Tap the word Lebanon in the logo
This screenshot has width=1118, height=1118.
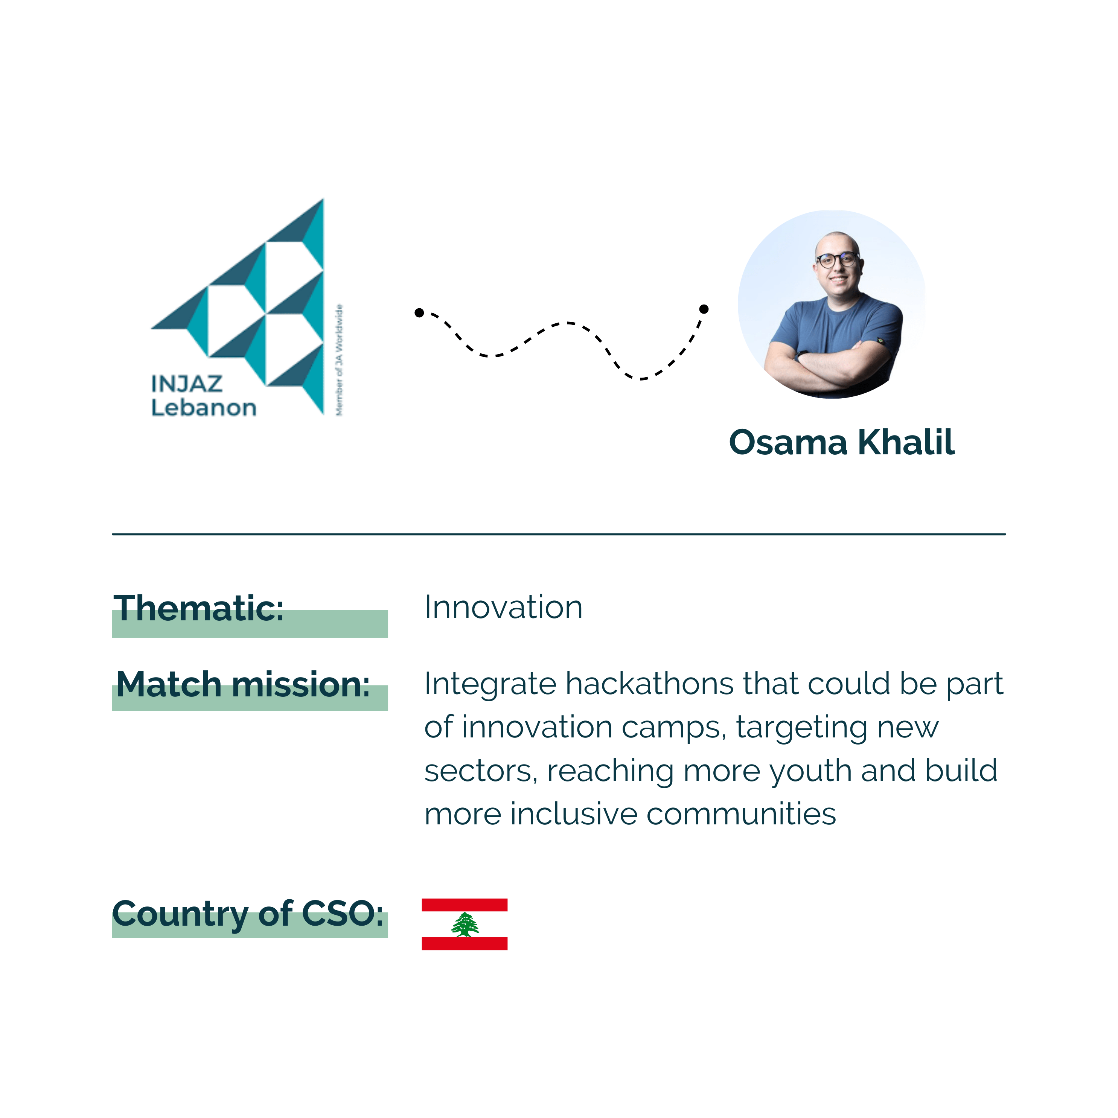coord(204,408)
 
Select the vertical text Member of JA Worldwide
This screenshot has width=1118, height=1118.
coord(340,360)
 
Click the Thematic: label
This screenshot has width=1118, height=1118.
coord(198,609)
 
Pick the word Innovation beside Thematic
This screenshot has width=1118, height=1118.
coord(503,608)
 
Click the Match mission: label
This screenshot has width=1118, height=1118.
coord(242,685)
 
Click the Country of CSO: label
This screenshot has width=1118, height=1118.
coord(248,915)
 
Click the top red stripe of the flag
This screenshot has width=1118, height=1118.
coord(465,905)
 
